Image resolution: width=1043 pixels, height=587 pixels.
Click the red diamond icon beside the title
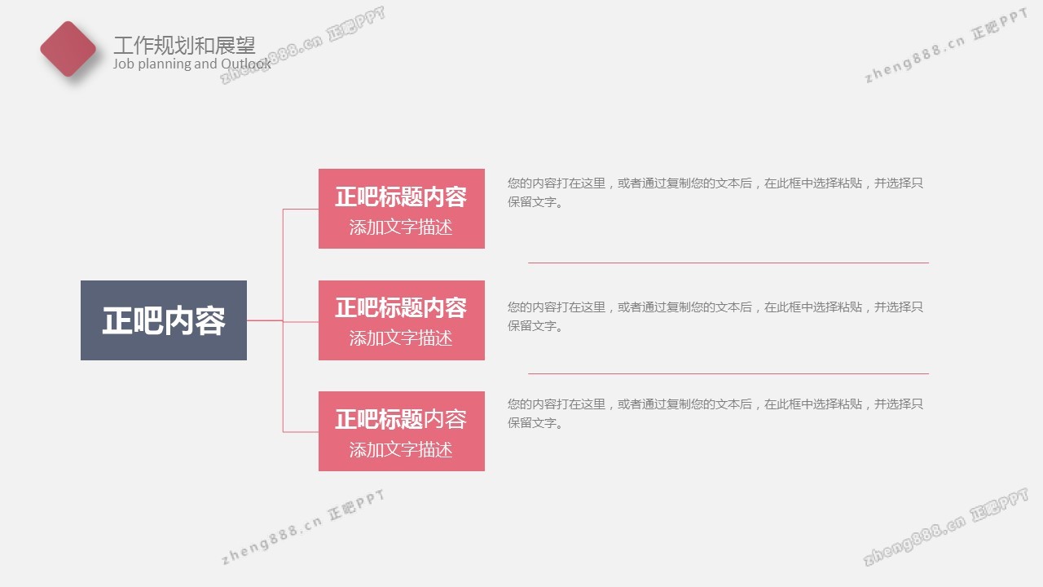click(68, 49)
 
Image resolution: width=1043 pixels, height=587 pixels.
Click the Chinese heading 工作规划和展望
click(184, 45)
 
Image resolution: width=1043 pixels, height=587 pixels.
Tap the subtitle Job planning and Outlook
click(191, 64)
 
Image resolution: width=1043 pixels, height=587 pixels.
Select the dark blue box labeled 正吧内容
click(164, 320)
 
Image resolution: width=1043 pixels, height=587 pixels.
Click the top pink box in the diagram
click(402, 208)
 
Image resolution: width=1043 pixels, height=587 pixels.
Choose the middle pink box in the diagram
click(402, 320)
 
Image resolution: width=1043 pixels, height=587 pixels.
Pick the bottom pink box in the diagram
click(402, 431)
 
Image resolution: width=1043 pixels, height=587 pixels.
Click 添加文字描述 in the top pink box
click(401, 227)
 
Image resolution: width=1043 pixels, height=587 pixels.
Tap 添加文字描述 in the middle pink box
click(401, 338)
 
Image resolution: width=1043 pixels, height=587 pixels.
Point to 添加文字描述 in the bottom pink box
click(401, 449)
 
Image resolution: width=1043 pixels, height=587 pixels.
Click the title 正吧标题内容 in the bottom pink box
click(401, 419)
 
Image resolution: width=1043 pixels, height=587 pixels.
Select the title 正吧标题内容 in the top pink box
click(401, 196)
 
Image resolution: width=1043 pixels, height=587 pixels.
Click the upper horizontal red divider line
click(728, 263)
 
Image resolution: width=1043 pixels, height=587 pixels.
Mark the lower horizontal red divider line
click(728, 373)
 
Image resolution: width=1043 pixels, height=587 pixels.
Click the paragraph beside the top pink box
click(715, 192)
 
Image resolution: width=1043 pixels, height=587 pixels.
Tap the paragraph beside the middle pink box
click(715, 316)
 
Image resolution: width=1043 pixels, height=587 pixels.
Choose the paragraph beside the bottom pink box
click(715, 413)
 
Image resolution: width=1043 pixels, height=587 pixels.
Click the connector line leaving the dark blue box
click(265, 320)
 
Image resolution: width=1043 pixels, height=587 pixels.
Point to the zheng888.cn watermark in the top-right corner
click(946, 46)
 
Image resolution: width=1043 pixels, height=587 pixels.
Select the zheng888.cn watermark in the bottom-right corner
click(945, 527)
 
